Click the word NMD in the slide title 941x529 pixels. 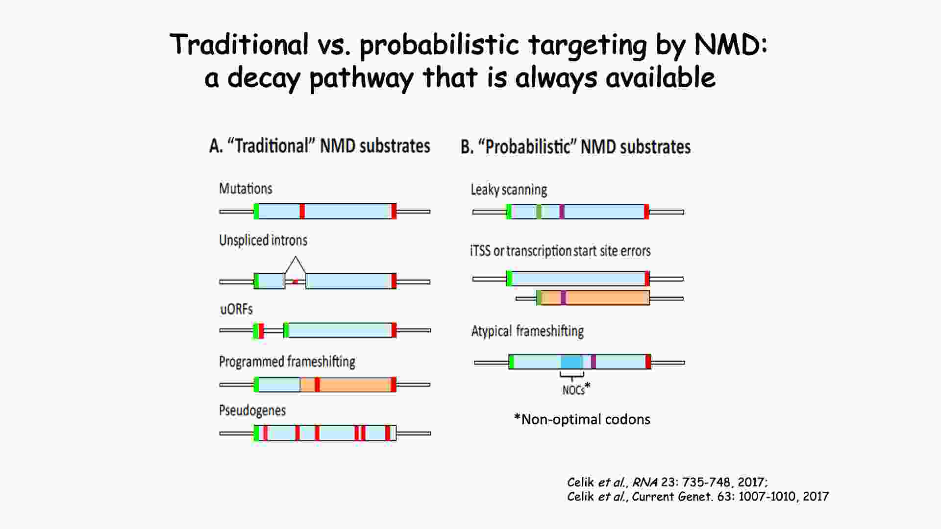731,45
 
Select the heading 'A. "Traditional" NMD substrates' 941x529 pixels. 320,146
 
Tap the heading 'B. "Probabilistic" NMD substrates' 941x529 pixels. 575,147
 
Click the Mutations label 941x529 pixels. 246,189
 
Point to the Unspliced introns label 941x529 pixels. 263,240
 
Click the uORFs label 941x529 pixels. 236,309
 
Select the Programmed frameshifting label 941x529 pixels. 287,361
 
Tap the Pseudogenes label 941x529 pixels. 252,410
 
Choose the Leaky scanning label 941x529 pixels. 509,190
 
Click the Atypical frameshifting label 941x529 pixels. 527,331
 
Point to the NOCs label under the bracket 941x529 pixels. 573,390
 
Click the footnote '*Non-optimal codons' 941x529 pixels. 582,419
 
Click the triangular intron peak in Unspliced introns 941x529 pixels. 295,265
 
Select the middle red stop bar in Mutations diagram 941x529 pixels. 302,211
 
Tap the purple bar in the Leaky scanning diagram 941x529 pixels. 562,212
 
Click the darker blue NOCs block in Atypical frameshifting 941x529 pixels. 572,362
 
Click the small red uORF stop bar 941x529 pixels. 261,331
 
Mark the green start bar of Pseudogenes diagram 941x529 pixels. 256,433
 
